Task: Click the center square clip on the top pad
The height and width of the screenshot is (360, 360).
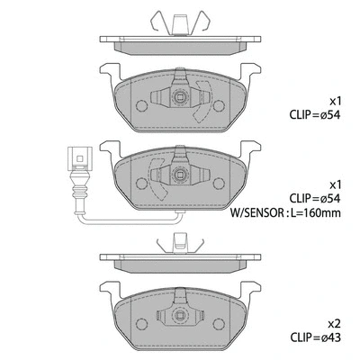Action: coord(181,100)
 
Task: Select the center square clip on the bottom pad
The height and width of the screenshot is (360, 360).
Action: coord(181,316)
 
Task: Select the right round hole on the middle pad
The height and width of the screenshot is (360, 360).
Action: coord(220,172)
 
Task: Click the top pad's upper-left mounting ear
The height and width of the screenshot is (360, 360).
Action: coord(108,72)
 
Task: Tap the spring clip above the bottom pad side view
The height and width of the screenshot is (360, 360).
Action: coord(180,240)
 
